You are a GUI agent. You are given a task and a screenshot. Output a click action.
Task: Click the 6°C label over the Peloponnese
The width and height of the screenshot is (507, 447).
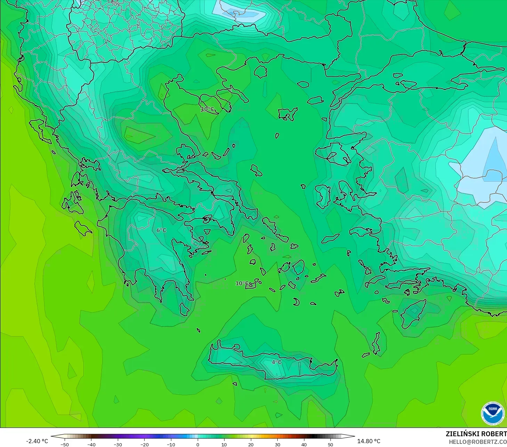[x=161, y=230]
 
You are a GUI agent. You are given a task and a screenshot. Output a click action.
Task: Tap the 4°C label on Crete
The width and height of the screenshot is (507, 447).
[x=277, y=362]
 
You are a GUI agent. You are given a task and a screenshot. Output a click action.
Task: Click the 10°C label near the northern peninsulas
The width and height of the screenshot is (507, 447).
[x=207, y=109]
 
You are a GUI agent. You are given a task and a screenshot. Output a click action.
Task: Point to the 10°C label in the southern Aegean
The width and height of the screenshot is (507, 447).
[x=242, y=283]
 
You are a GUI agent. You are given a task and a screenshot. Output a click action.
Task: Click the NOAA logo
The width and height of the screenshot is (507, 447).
[x=493, y=413]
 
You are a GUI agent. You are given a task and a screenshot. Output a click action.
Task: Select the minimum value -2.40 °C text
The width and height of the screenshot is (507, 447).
[x=37, y=441]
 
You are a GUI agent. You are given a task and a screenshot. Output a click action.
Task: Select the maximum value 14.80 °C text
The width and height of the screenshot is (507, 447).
[x=369, y=441]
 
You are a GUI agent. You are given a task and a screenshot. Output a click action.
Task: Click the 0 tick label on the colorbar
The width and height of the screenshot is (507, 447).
[x=197, y=445]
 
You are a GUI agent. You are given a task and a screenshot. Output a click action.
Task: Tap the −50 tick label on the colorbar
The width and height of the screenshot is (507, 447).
[x=64, y=445]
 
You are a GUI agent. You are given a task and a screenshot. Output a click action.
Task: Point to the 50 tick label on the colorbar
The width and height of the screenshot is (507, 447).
[x=330, y=445]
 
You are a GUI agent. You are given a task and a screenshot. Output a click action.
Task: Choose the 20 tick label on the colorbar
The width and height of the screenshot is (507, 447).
[x=251, y=445]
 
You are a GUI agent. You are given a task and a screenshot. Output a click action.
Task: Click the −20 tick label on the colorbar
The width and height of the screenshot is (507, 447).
[x=144, y=445]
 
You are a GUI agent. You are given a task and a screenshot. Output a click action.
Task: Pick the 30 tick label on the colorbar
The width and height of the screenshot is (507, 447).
[x=277, y=445]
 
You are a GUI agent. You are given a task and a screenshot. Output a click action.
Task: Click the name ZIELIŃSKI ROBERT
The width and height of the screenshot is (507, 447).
[x=476, y=434]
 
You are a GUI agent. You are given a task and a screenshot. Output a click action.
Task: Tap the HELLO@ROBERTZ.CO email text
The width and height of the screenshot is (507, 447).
[x=477, y=442]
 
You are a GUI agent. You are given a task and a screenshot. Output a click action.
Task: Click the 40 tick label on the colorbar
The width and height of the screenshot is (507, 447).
[x=304, y=445]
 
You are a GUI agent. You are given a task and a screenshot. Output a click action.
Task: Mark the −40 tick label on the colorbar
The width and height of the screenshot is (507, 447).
[x=91, y=445]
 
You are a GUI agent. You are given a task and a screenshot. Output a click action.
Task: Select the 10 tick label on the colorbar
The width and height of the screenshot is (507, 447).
[x=224, y=445]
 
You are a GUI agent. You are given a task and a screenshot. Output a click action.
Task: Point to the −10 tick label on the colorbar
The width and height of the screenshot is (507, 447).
[x=171, y=445]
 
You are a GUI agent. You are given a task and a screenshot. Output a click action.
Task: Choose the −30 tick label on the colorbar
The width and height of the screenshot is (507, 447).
[x=117, y=445]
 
